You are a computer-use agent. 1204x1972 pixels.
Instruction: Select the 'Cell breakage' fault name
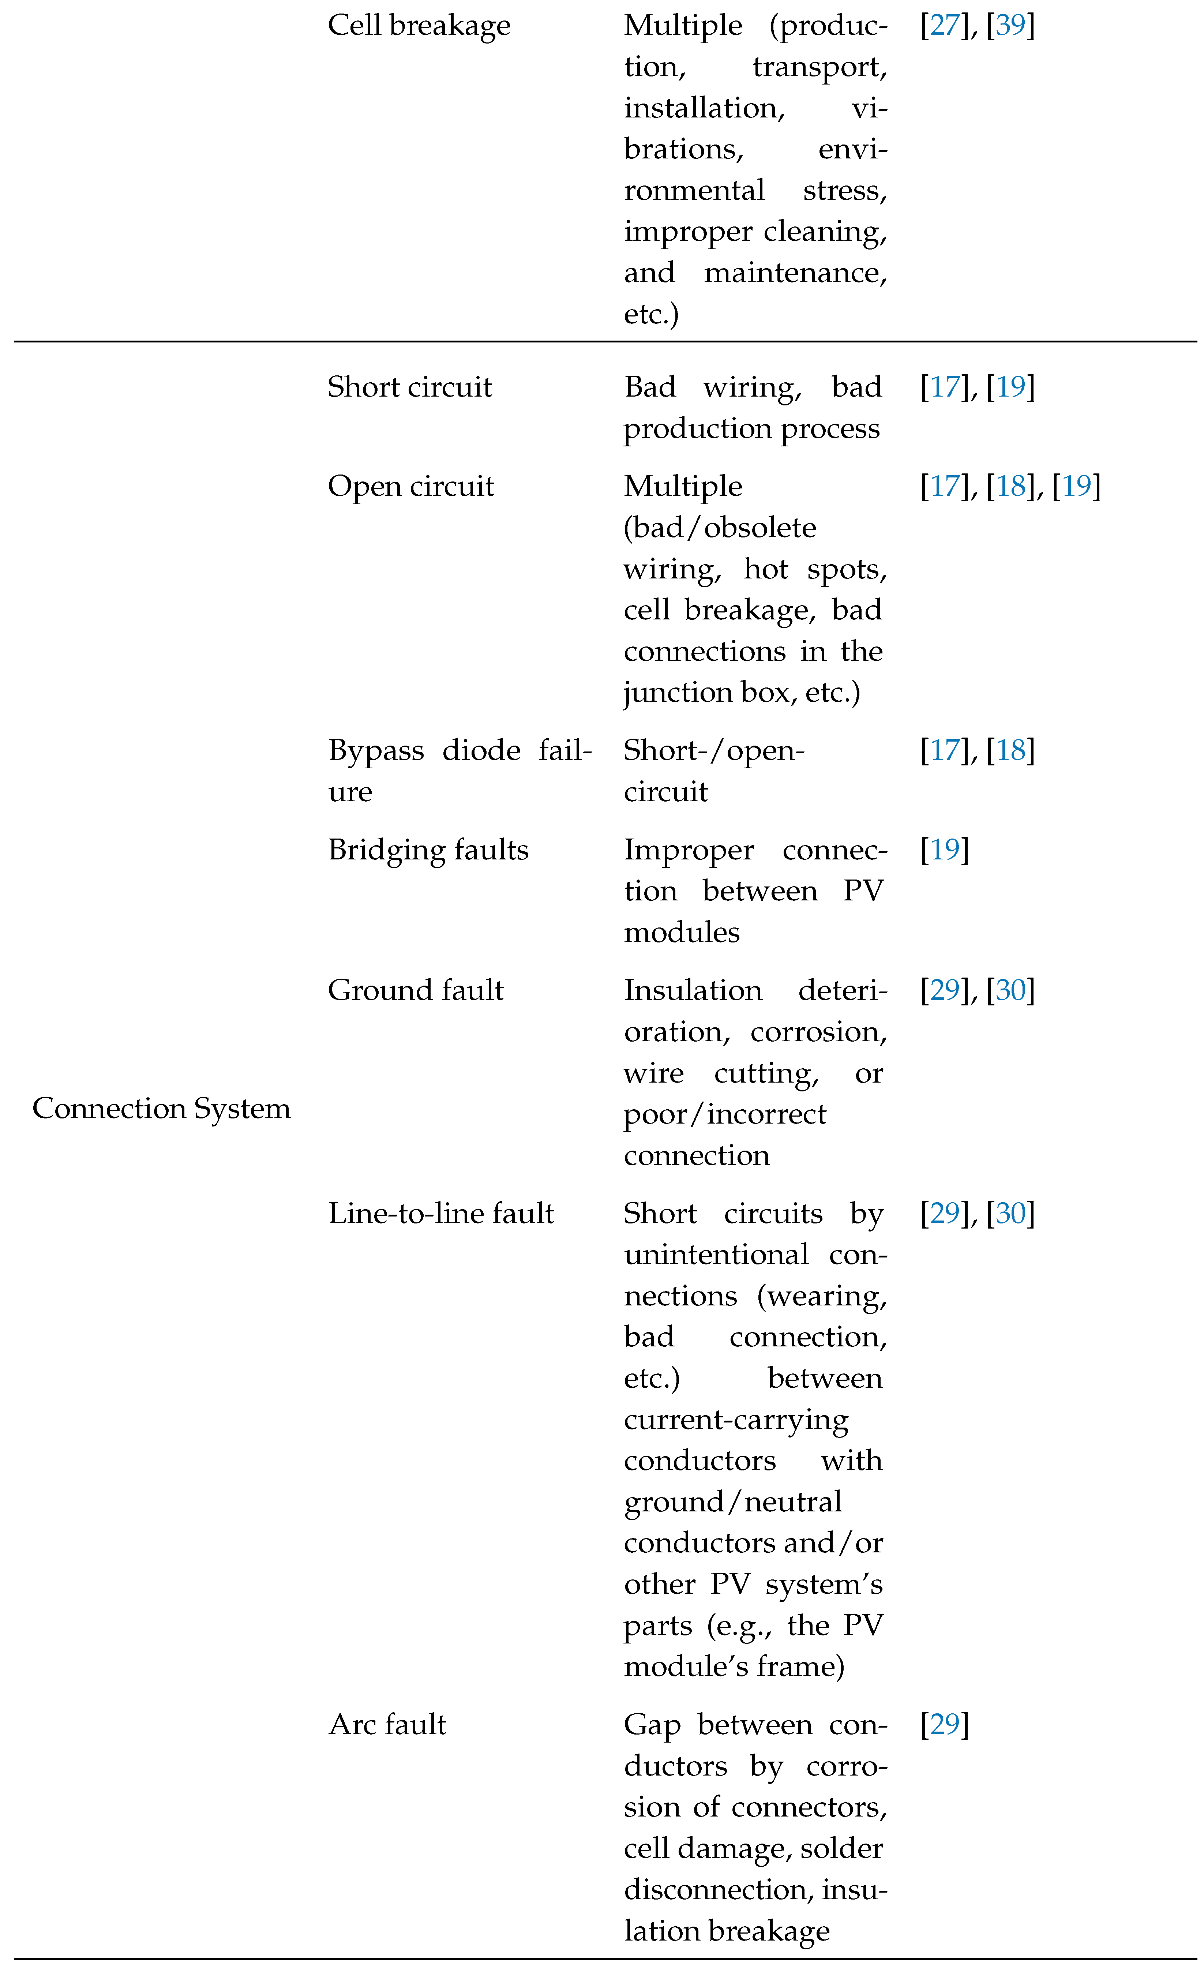click(419, 26)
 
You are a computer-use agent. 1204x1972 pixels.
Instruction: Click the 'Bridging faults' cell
click(428, 850)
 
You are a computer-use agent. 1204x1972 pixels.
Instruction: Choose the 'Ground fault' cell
click(416, 991)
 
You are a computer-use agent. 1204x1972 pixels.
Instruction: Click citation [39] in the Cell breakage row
click(1010, 26)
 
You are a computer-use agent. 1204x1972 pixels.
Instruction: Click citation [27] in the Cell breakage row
click(945, 26)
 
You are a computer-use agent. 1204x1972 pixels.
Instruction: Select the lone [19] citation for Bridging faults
click(945, 850)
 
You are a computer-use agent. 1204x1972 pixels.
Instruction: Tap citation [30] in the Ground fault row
click(1010, 991)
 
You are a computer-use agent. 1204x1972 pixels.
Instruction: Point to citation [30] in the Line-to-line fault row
click(1010, 1214)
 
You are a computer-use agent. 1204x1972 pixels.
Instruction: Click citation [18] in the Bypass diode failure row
click(1010, 751)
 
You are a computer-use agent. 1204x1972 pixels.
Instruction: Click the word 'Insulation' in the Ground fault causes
click(693, 991)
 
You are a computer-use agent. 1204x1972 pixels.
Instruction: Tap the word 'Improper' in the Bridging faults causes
click(689, 850)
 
